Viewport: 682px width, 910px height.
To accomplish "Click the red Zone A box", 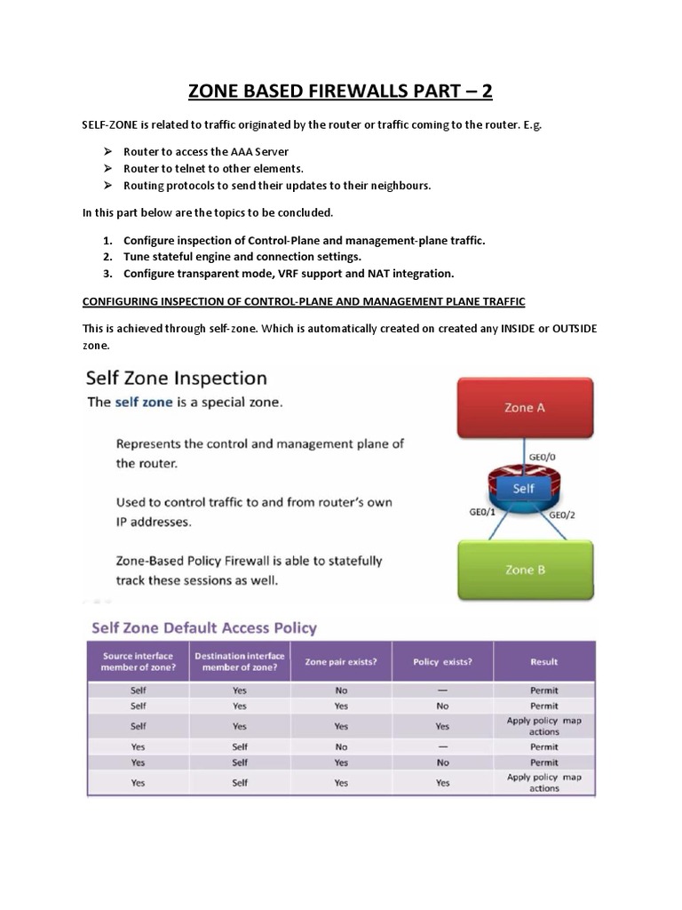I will (524, 408).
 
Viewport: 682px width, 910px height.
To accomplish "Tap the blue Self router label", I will (524, 489).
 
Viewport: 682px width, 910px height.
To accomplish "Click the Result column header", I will (543, 661).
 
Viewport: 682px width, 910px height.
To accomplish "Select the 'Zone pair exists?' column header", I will (341, 661).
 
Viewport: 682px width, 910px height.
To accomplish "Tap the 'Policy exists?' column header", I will (442, 661).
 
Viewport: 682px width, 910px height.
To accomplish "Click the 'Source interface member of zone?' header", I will (138, 661).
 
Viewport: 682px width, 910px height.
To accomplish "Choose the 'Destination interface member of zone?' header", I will (239, 661).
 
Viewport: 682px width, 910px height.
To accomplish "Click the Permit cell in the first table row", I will (543, 690).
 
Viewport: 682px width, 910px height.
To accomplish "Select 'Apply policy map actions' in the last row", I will (543, 782).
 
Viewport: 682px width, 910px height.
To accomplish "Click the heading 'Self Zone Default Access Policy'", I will (204, 627).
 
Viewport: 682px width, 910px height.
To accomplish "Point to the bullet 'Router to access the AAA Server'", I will (206, 152).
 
